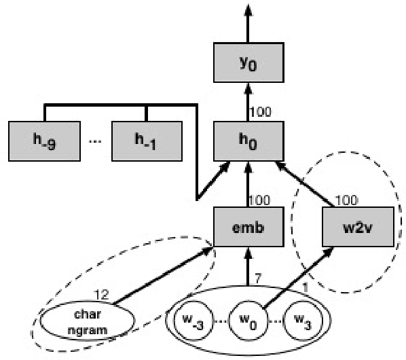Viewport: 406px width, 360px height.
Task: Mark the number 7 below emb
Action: [257, 278]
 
